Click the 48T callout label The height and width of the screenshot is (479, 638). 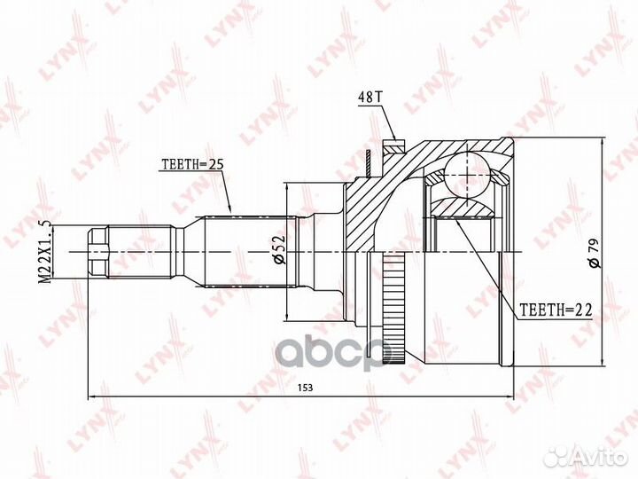pos(370,98)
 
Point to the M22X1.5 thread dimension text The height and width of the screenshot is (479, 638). pos(45,252)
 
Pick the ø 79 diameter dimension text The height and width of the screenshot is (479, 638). pos(594,253)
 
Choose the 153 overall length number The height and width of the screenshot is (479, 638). pos(305,388)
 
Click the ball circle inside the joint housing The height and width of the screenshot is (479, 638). pos(468,175)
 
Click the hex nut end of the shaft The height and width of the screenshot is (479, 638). pos(98,252)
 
